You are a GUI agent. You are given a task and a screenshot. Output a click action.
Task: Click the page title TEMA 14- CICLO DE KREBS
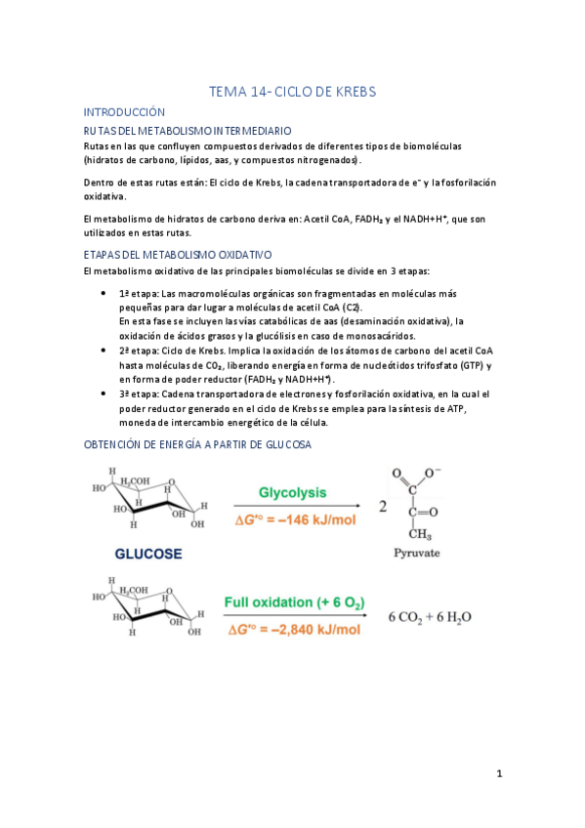click(x=292, y=92)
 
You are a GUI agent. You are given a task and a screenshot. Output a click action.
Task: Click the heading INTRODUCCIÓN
click(x=125, y=112)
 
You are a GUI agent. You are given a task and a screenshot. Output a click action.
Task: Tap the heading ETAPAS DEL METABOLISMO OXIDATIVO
click(x=178, y=254)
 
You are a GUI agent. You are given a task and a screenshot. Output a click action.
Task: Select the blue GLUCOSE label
click(x=148, y=553)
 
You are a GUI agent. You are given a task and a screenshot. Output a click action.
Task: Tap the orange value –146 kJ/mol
click(x=295, y=521)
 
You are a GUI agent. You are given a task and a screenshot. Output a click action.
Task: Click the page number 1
click(x=498, y=774)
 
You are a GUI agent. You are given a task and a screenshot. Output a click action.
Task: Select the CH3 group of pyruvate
click(x=421, y=532)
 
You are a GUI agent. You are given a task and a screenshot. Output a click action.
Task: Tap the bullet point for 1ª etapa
click(x=104, y=294)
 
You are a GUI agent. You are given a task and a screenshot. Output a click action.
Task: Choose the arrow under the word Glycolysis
click(x=294, y=507)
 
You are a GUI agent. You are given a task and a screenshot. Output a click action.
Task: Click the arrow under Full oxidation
click(x=294, y=616)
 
